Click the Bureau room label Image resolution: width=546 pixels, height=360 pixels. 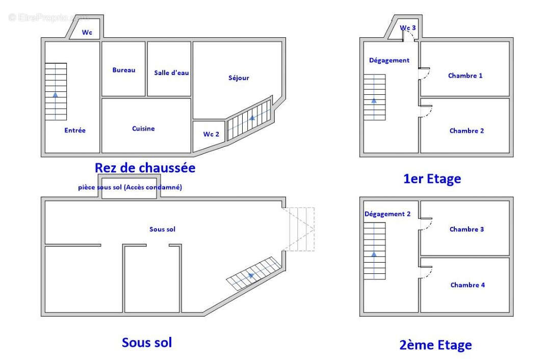click(124, 70)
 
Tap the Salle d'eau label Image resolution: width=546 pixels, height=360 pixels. click(171, 73)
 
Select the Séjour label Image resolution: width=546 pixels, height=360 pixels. click(239, 78)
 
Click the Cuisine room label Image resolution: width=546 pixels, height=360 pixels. click(143, 128)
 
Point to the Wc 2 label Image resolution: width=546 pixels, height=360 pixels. click(211, 134)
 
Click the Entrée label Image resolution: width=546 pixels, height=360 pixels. click(75, 131)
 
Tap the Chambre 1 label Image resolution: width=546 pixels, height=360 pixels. click(465, 75)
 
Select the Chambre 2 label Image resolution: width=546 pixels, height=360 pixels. click(466, 131)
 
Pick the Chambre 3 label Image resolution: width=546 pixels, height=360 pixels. click(466, 229)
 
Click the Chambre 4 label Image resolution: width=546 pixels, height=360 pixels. click(467, 285)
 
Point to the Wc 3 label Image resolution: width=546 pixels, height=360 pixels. click(407, 28)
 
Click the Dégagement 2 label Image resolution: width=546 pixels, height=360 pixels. click(387, 214)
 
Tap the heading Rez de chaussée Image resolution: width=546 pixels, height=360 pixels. click(145, 167)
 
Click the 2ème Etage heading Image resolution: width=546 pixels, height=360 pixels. click(435, 345)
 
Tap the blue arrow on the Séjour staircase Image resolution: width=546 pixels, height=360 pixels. click(252, 118)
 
